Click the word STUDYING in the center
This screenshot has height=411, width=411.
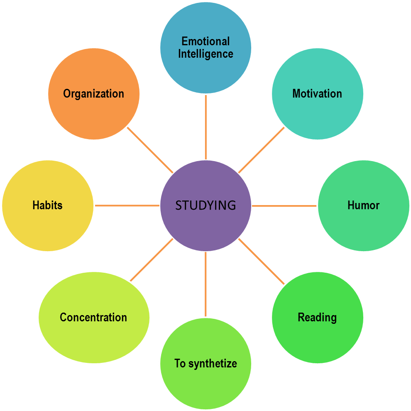coord(205,205)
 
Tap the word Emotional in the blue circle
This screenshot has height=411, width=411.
coord(205,42)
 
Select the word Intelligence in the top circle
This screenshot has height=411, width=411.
coord(205,54)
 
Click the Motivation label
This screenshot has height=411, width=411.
coord(317,94)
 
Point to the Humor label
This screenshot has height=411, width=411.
coord(363,205)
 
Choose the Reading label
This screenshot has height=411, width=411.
coord(317,318)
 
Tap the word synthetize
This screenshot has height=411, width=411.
coord(212,364)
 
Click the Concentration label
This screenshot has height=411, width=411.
coord(93,318)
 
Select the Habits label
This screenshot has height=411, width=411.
coord(47,205)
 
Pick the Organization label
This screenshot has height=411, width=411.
coord(93,94)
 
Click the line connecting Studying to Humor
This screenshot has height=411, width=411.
coord(284,205)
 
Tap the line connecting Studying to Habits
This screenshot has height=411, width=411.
coord(127,205)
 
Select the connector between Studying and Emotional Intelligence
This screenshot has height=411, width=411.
coord(205,127)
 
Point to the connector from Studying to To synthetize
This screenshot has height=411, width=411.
coord(205,284)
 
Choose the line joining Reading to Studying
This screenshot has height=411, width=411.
coord(262,262)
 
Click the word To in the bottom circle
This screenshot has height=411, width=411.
coord(180,364)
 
